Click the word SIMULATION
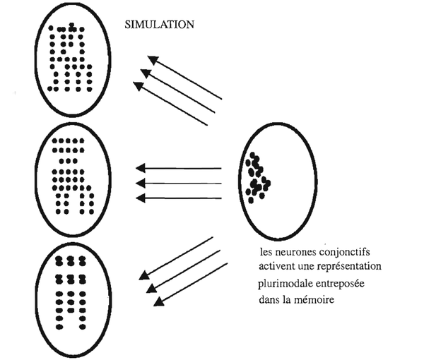(159, 25)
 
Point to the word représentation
(349, 267)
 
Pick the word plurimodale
(285, 284)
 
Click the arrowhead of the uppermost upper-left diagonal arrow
(153, 60)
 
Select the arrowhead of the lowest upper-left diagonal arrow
(139, 86)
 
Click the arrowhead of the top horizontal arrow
(141, 168)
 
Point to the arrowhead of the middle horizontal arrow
(141, 184)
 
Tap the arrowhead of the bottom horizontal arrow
(141, 198)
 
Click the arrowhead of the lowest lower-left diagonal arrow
(159, 301)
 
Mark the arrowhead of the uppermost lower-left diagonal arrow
(144, 275)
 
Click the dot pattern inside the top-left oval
(70, 57)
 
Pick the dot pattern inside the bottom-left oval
(71, 293)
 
